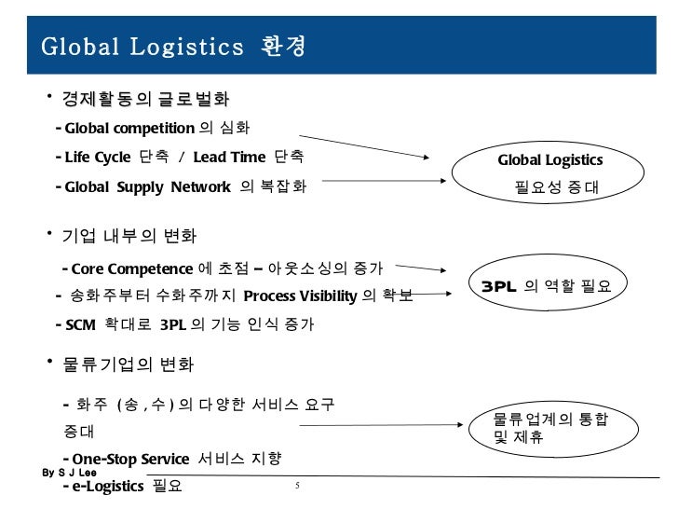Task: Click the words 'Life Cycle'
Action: pyautogui.click(x=99, y=157)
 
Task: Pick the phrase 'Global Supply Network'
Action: pyautogui.click(x=147, y=186)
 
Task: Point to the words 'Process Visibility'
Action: pyautogui.click(x=299, y=297)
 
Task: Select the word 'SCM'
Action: pyautogui.click(x=81, y=325)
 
